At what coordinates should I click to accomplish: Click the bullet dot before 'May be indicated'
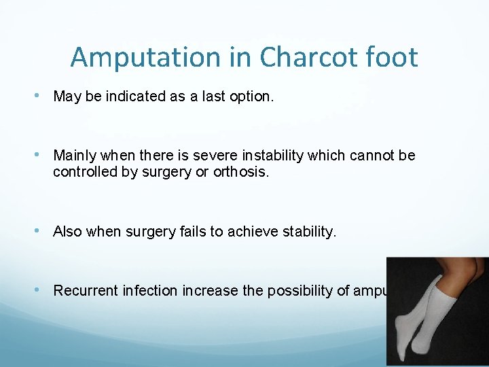tap(44, 96)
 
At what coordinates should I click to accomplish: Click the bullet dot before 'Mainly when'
tap(44, 155)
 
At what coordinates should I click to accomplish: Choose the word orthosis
tap(242, 172)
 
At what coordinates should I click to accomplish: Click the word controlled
tap(84, 172)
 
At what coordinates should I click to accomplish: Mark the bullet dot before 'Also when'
tap(44, 231)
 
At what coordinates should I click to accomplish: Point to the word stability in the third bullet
tap(306, 232)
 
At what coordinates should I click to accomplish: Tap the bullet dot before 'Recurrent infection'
tap(44, 290)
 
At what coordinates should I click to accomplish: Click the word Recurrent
tap(86, 291)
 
